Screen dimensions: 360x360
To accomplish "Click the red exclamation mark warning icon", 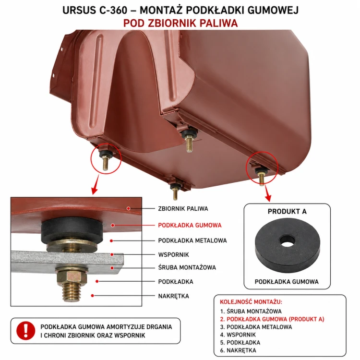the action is (26, 331).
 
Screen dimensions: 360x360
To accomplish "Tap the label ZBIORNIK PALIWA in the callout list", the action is (183, 209).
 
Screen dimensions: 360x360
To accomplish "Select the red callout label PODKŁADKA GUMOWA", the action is (190, 225).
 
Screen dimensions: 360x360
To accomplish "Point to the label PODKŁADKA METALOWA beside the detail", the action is (192, 240).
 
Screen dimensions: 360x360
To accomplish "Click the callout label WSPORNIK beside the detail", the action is (174, 254).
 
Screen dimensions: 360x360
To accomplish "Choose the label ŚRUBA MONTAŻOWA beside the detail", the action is (187, 267).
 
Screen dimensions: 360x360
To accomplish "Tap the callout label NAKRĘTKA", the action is (174, 296).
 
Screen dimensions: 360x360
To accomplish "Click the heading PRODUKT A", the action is (287, 212).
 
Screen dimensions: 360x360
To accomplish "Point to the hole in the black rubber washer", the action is (287, 240).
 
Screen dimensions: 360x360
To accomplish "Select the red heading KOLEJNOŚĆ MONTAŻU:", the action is (251, 302).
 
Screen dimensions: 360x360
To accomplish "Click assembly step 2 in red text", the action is (272, 319).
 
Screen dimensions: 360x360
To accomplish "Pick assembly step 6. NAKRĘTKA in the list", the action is (238, 350).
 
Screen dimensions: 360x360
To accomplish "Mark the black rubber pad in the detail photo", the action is (72, 229).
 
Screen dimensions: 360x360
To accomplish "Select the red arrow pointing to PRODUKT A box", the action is (268, 193).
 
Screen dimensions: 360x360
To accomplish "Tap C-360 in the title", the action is (113, 10).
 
